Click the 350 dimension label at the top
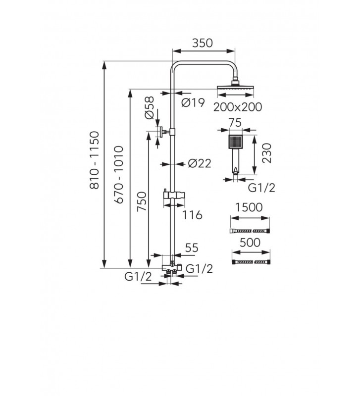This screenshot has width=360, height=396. [x=203, y=43]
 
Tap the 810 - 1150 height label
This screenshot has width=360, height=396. [x=95, y=160]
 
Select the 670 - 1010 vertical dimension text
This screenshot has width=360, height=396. [x=119, y=175]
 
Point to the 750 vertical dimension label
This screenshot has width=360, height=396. [x=142, y=201]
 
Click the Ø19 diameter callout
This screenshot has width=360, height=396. [x=193, y=102]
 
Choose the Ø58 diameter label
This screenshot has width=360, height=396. [x=150, y=107]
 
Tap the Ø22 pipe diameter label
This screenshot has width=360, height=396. [x=200, y=163]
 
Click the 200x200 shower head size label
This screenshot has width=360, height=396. [x=238, y=107]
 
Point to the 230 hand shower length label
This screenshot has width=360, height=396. [x=267, y=153]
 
